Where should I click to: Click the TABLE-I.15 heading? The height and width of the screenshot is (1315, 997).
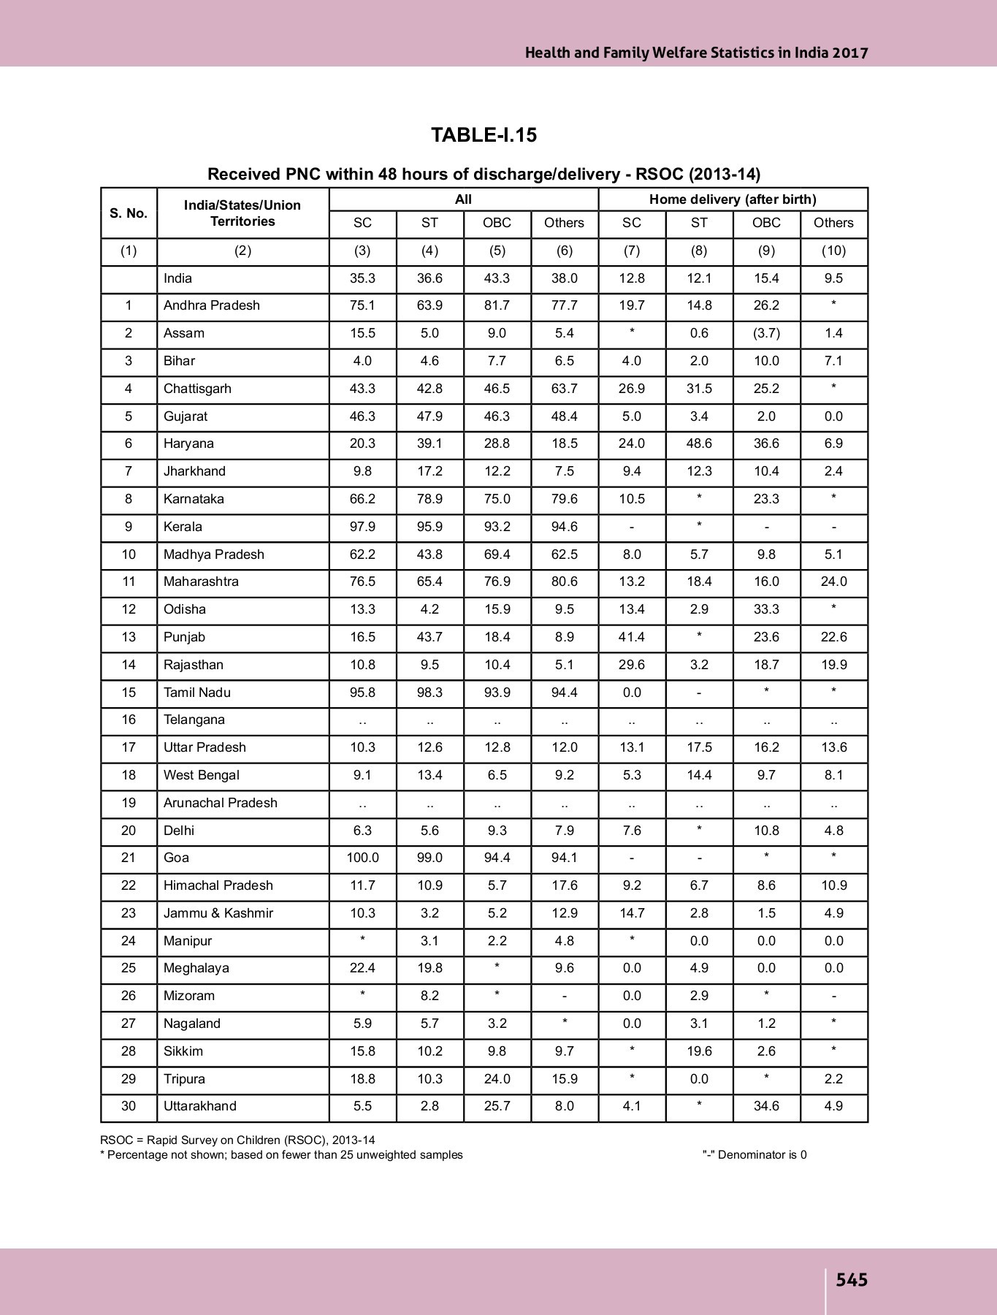(484, 135)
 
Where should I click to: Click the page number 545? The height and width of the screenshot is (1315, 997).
(852, 1280)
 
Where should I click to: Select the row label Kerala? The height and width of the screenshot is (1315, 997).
(183, 527)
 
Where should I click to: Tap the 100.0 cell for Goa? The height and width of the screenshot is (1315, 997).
(362, 858)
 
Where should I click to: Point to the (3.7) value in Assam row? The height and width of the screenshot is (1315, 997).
(766, 333)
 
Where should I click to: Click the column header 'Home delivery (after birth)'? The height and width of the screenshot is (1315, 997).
(733, 199)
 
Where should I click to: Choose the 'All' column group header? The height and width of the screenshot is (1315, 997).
(463, 199)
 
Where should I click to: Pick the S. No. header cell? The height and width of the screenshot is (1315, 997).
(129, 213)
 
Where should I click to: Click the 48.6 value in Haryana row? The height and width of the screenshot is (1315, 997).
(699, 443)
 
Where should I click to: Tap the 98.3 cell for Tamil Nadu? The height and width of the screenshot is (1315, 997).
(429, 693)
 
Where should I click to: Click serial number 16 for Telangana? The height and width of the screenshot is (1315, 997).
(129, 720)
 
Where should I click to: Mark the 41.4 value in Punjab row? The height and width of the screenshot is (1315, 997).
(632, 637)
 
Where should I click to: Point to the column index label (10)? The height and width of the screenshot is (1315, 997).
(833, 251)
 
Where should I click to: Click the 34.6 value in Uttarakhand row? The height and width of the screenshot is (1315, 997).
(766, 1106)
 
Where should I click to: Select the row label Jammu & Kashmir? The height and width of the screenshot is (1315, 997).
(218, 913)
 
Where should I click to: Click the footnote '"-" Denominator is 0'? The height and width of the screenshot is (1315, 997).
(755, 1155)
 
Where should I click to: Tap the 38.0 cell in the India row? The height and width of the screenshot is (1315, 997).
(564, 278)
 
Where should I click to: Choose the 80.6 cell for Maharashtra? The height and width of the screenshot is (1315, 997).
(564, 582)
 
